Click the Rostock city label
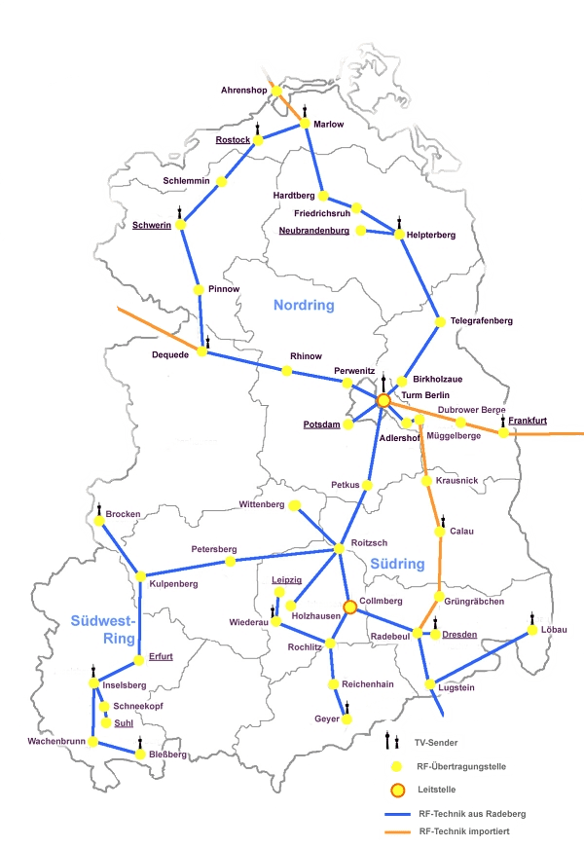tap(233, 140)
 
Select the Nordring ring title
tap(303, 306)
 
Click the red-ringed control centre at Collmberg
tap(349, 607)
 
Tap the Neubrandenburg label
tap(313, 231)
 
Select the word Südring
tap(397, 564)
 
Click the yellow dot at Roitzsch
tap(340, 549)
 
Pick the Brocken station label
tap(123, 513)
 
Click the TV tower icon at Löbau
tap(531, 619)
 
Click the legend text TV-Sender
tap(437, 743)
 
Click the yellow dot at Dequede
tap(202, 351)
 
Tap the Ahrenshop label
tap(243, 90)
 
